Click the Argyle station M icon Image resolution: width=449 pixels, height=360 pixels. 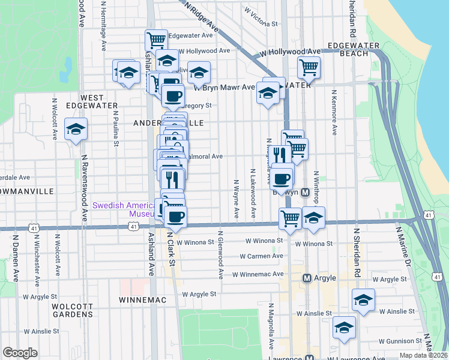307,278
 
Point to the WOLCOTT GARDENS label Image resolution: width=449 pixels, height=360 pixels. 73,310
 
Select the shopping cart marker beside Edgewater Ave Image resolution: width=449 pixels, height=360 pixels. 156,40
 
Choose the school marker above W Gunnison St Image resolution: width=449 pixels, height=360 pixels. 344,327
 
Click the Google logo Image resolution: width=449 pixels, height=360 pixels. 20,352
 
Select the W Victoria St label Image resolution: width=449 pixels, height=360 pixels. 261,17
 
